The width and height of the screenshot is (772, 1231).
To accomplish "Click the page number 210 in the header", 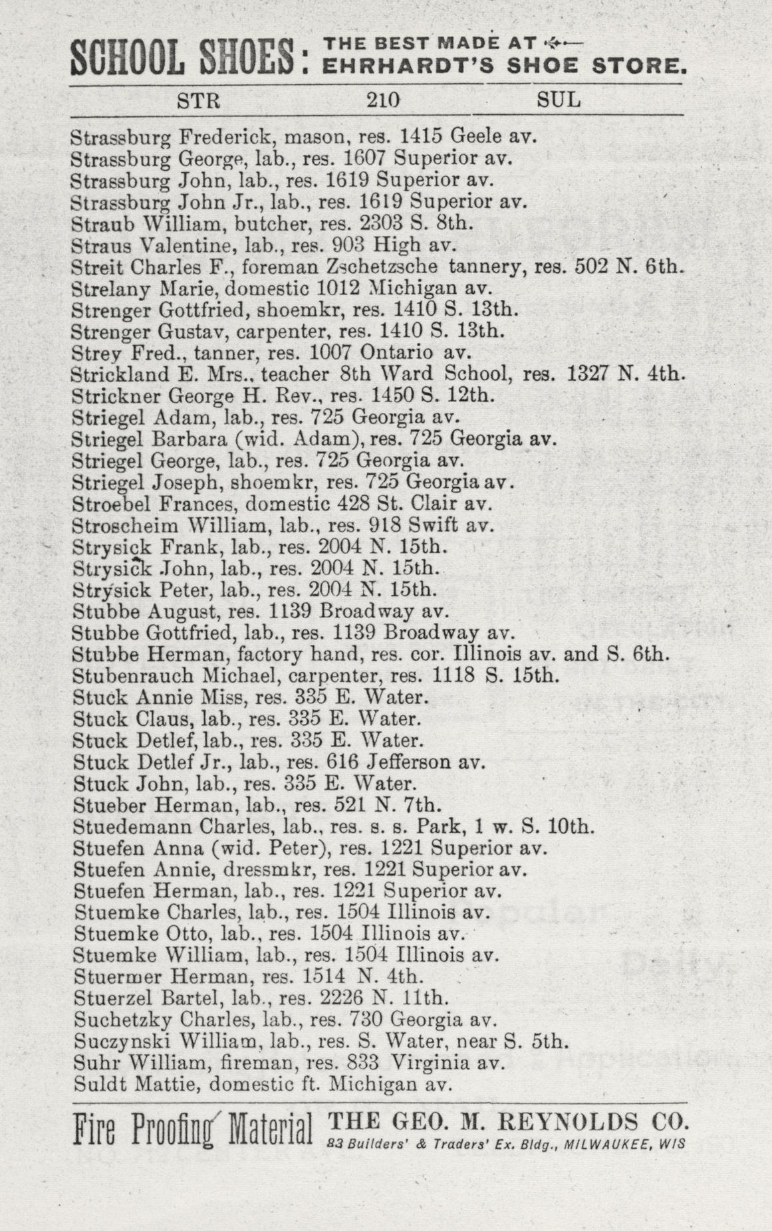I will point(382,100).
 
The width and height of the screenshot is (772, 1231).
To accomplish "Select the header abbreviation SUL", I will point(559,100).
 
